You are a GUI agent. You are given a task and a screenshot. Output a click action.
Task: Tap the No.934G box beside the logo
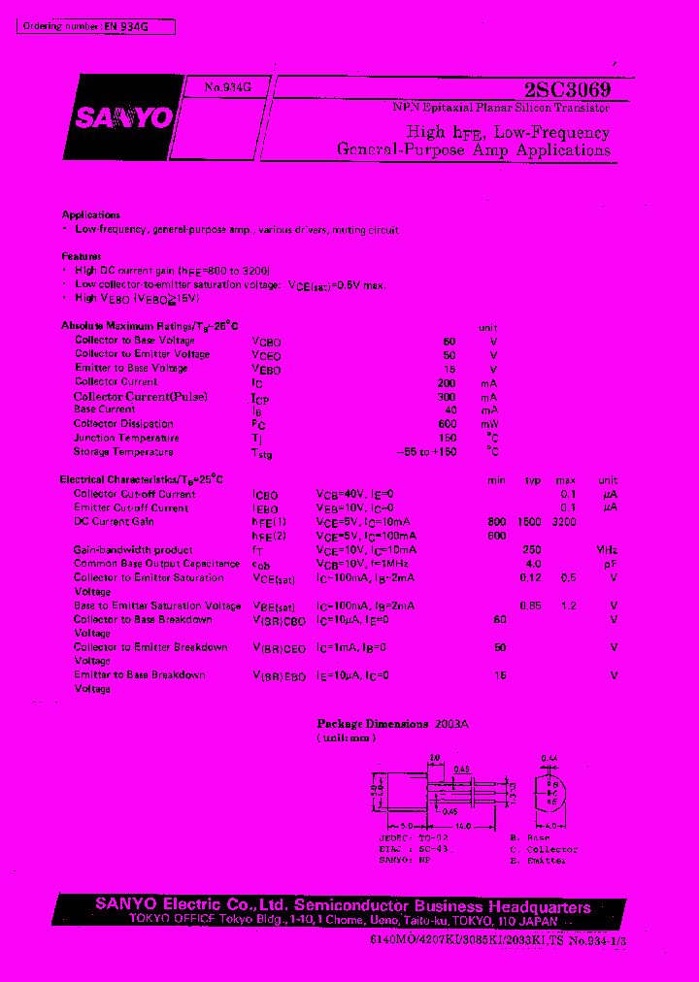(227, 87)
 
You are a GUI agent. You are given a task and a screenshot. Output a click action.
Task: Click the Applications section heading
(91, 214)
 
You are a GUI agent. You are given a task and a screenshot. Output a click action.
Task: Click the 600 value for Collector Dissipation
(447, 424)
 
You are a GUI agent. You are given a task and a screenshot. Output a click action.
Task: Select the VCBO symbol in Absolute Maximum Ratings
(266, 342)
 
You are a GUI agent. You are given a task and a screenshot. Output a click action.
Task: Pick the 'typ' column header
(532, 480)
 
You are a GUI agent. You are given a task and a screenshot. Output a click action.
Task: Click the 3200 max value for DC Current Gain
(563, 522)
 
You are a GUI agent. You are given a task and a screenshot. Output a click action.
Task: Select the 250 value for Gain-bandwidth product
(532, 550)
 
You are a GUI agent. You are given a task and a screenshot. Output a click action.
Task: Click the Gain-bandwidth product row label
(133, 550)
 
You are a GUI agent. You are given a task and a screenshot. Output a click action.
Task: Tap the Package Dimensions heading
(373, 724)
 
